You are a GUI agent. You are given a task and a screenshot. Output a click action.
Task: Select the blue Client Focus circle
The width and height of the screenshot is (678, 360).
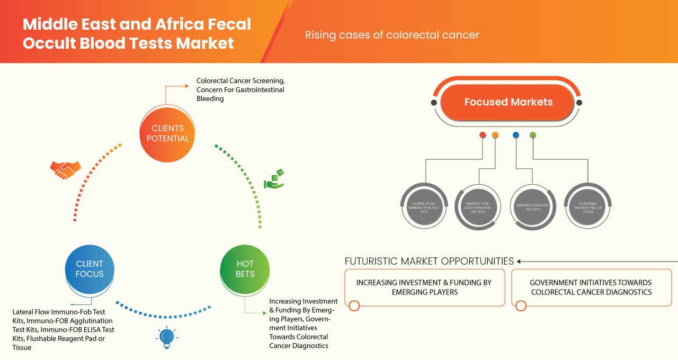click(90, 269)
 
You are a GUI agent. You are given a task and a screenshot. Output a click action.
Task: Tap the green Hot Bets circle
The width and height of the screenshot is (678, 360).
click(245, 269)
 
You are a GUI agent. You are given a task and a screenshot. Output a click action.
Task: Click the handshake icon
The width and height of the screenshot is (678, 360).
click(65, 169)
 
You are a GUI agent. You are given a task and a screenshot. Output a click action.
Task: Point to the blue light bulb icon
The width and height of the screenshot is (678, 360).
click(167, 337)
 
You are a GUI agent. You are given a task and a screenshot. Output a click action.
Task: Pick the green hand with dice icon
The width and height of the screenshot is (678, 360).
click(274, 179)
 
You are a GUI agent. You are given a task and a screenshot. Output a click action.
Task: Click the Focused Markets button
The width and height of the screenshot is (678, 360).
click(508, 102)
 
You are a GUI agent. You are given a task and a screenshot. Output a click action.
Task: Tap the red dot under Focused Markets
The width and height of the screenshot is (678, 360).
click(483, 135)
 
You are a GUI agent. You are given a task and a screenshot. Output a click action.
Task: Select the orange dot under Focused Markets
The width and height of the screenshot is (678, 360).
click(495, 135)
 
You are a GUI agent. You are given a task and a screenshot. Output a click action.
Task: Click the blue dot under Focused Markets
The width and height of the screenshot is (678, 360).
click(516, 135)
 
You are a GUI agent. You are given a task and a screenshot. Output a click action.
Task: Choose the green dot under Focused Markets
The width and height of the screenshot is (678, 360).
click(533, 135)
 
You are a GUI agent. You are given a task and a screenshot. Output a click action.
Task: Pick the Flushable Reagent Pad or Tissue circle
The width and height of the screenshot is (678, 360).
click(587, 207)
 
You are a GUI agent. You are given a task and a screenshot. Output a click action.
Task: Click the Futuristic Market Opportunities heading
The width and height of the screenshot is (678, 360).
click(429, 261)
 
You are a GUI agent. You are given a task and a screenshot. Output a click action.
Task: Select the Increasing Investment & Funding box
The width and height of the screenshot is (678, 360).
click(424, 287)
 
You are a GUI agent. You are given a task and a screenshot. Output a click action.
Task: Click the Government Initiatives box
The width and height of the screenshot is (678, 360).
click(591, 287)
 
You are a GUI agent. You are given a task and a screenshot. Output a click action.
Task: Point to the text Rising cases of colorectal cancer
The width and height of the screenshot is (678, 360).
click(392, 35)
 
